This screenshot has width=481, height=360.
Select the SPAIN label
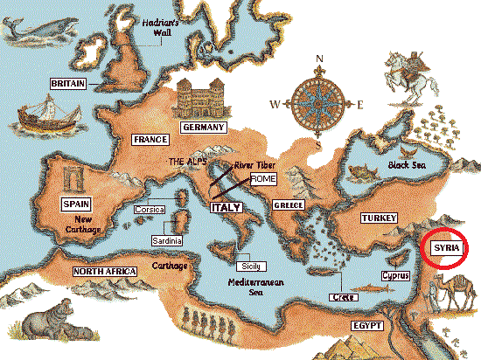pos(71,204)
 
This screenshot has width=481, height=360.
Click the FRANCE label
pos(150,139)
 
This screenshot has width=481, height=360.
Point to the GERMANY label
pos(204,128)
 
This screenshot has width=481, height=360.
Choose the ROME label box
pos(263,178)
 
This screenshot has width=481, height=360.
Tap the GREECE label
pos(288,204)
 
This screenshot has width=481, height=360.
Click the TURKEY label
pos(379,218)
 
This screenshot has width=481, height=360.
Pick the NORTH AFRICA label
pos(105,272)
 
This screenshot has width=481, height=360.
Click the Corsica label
pos(150,210)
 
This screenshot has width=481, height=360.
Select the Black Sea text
pos(410,164)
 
